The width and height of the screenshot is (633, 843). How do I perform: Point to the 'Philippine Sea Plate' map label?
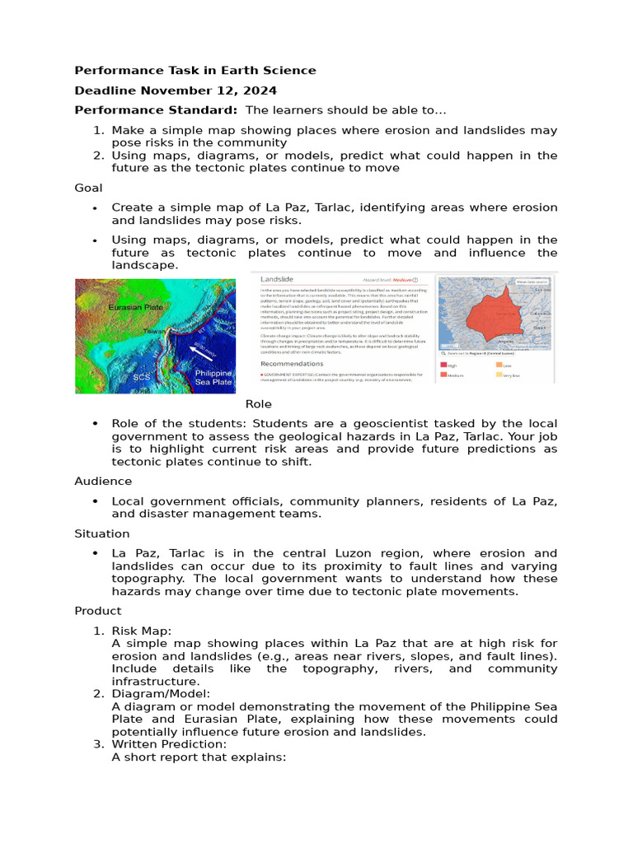(213, 378)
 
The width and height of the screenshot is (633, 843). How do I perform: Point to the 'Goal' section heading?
(88, 188)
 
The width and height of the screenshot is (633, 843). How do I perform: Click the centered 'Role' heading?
(258, 404)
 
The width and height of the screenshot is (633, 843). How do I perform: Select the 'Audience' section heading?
(102, 481)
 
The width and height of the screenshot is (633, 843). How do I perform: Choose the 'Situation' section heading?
(101, 533)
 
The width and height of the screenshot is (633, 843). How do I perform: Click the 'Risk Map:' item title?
(141, 631)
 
